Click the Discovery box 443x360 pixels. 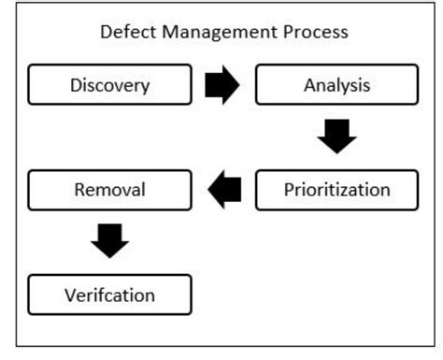pos(110,86)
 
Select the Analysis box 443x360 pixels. pos(336,86)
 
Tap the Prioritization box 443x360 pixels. pos(336,190)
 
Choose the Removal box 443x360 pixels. pos(110,190)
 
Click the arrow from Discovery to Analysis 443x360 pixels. pos(222,86)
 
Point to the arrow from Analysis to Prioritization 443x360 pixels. pos(336,137)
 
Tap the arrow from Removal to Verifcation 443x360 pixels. pos(110,242)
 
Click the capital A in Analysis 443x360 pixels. pos(309,86)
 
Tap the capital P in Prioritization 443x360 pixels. pos(288,190)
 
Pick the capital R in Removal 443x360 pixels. pos(79,190)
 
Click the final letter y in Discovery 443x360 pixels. pos(145,89)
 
